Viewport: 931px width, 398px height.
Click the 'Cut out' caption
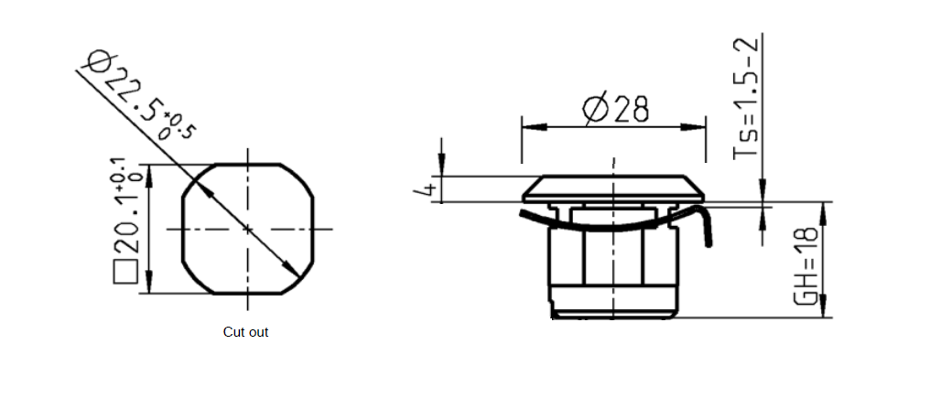pos(245,332)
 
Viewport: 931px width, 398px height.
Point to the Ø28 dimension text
pos(616,109)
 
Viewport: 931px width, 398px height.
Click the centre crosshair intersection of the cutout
pos(247,229)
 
